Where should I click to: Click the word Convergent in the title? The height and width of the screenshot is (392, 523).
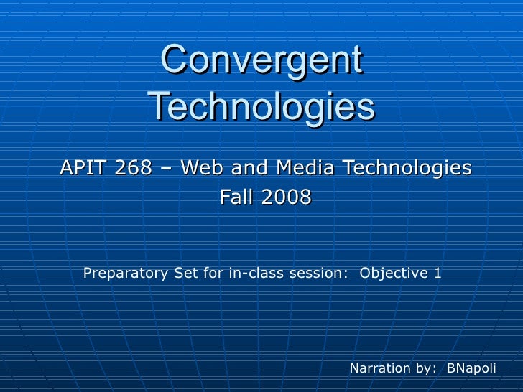[x=261, y=60]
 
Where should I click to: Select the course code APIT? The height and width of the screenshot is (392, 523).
[x=82, y=168]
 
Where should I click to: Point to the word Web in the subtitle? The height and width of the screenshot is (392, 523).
[x=202, y=168]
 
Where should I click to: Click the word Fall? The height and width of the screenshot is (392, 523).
[x=236, y=197]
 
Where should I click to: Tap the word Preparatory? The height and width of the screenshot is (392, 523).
[x=126, y=274]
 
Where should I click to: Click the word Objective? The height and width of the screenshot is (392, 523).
[x=393, y=274]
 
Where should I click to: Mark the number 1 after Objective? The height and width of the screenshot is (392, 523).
[x=437, y=274]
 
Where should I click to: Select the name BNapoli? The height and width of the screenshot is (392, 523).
[x=471, y=368]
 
